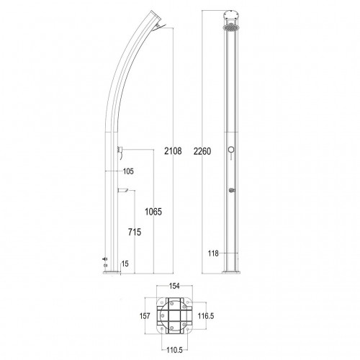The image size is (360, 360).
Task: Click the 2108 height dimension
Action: pyautogui.click(x=173, y=151)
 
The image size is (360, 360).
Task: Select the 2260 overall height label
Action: pyautogui.click(x=202, y=151)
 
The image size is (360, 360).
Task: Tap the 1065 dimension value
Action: pyautogui.click(x=153, y=212)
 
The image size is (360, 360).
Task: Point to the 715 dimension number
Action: pyautogui.click(x=135, y=232)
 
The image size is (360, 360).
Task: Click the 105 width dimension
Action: pyautogui.click(x=128, y=171)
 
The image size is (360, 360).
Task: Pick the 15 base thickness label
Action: pyautogui.click(x=125, y=264)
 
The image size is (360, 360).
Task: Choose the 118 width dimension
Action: pyautogui.click(x=213, y=253)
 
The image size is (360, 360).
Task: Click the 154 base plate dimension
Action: pyautogui.click(x=174, y=286)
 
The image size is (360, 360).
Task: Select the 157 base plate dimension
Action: pyautogui.click(x=145, y=316)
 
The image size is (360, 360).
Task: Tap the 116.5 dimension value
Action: pyautogui.click(x=206, y=316)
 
